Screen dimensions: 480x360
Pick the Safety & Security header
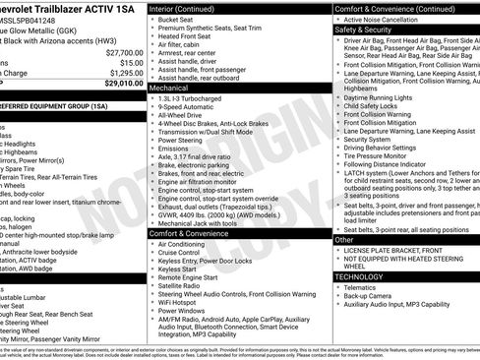click(x=362, y=30)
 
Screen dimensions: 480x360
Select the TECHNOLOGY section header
click(x=361, y=276)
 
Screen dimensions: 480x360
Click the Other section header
click(x=344, y=239)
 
